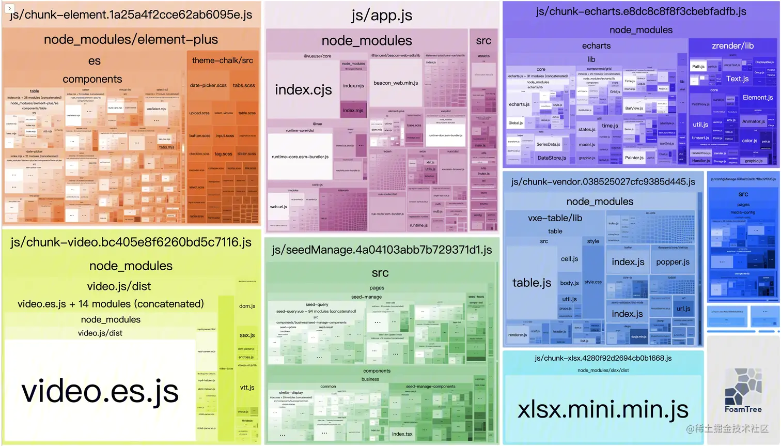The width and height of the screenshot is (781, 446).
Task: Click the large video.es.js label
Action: point(100,391)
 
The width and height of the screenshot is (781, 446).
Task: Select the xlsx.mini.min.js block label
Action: point(603,409)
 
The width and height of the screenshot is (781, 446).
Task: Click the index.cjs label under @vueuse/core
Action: point(303,90)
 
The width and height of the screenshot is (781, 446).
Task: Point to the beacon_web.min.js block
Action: point(396,83)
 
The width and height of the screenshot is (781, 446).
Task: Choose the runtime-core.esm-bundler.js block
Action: point(300,157)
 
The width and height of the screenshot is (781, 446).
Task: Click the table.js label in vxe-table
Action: point(532,283)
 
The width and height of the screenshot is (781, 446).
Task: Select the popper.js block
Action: point(673,262)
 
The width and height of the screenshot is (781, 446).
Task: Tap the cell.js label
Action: point(569,259)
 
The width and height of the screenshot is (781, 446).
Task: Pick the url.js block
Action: point(683,309)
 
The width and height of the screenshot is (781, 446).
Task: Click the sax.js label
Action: point(247,335)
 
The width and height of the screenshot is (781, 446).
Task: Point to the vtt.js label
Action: point(247,388)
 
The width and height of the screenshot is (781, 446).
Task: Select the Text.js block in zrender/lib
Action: point(737,79)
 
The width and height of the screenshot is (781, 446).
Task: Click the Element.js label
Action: point(758,98)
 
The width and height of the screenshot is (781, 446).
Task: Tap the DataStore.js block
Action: point(552,158)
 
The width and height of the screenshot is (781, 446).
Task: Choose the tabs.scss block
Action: point(244,85)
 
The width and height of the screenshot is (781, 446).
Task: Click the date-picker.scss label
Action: point(208,85)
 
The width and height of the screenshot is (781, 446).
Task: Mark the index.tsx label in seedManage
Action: point(402,434)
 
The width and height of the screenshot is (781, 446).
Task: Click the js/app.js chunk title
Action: point(382,16)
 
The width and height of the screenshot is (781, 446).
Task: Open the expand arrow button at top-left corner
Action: point(9,8)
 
